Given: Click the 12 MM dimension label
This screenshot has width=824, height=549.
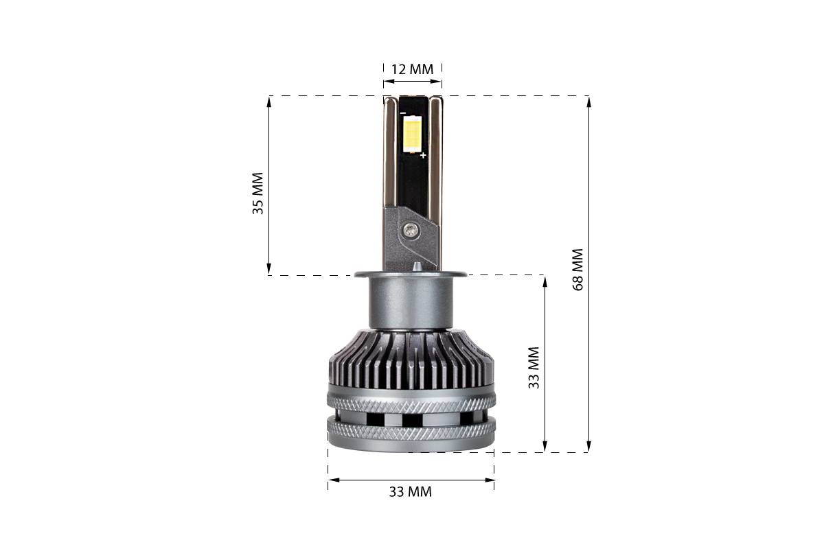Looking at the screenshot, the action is point(412,69).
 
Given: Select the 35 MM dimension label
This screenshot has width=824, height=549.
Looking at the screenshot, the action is point(258,194).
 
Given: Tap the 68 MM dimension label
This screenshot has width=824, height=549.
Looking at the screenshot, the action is point(578,270).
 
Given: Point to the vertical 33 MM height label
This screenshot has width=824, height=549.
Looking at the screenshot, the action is point(534,368).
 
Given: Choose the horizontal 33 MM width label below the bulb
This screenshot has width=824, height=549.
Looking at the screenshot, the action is point(411,492).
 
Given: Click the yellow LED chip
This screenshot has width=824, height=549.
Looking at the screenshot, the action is point(413,135).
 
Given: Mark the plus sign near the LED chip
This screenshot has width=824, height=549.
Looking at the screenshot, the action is point(423,155).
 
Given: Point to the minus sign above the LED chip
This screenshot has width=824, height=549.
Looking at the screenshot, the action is point(403,113).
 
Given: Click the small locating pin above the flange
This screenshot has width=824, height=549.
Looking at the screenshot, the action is point(417,267).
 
